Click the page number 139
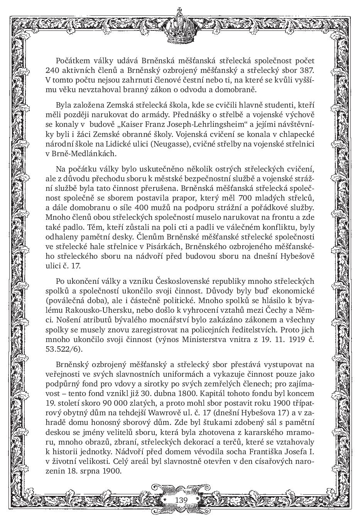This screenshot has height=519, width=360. [x=181, y=500]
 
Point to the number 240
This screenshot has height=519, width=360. [x=52, y=71]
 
